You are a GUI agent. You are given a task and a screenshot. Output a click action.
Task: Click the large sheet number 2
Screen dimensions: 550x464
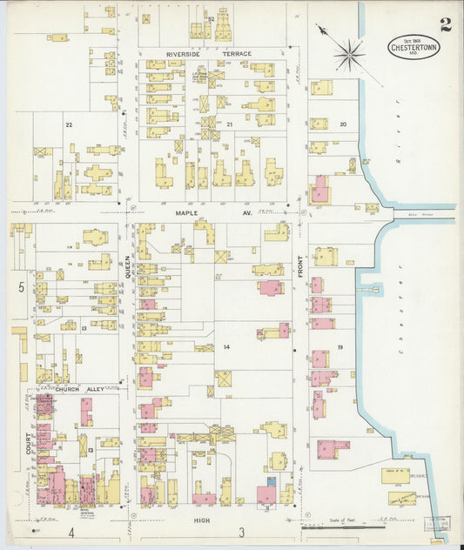click(x=446, y=23)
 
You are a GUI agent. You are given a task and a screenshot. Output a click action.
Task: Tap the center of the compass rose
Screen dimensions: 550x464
click(x=349, y=56)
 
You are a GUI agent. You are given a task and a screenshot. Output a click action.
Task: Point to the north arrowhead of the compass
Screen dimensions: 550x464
click(x=319, y=28)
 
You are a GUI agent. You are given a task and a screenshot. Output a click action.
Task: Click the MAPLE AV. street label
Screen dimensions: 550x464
click(x=212, y=211)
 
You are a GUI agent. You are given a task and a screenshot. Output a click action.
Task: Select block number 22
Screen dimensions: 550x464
click(x=69, y=125)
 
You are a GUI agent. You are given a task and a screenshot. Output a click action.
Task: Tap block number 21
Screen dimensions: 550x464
click(x=230, y=125)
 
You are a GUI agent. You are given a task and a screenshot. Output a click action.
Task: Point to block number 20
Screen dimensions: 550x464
click(x=343, y=124)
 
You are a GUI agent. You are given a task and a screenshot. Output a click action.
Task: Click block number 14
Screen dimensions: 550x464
click(x=226, y=346)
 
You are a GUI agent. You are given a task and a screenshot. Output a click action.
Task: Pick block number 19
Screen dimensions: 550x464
click(x=340, y=346)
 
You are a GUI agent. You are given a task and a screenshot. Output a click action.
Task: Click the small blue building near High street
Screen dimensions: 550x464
click(x=271, y=480)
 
